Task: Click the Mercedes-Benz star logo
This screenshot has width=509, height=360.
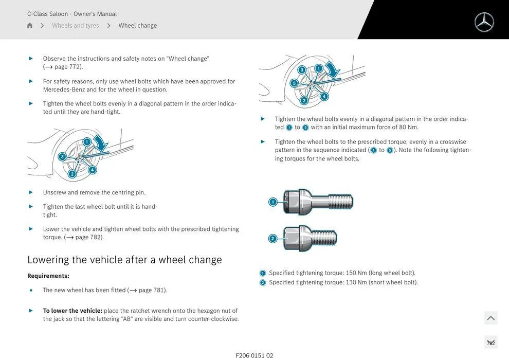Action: [484, 22]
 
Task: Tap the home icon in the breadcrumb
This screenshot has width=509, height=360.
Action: [30, 26]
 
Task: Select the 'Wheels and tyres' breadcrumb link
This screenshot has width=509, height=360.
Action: [76, 26]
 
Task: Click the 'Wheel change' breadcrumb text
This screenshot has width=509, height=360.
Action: [138, 26]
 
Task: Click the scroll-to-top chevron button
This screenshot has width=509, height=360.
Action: [490, 318]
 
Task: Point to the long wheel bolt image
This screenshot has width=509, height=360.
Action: [319, 201]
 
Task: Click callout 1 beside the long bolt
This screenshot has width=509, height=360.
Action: [273, 202]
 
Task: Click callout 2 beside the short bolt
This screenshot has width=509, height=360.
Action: [273, 238]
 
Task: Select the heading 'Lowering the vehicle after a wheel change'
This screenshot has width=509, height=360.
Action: [124, 260]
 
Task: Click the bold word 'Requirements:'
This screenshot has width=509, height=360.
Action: [48, 276]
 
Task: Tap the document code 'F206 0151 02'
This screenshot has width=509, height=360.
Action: [254, 355]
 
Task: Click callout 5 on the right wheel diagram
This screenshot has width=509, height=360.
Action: [294, 83]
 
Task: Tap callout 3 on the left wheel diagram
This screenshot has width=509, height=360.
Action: [62, 156]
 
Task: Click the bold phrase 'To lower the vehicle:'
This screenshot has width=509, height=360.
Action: [72, 311]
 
